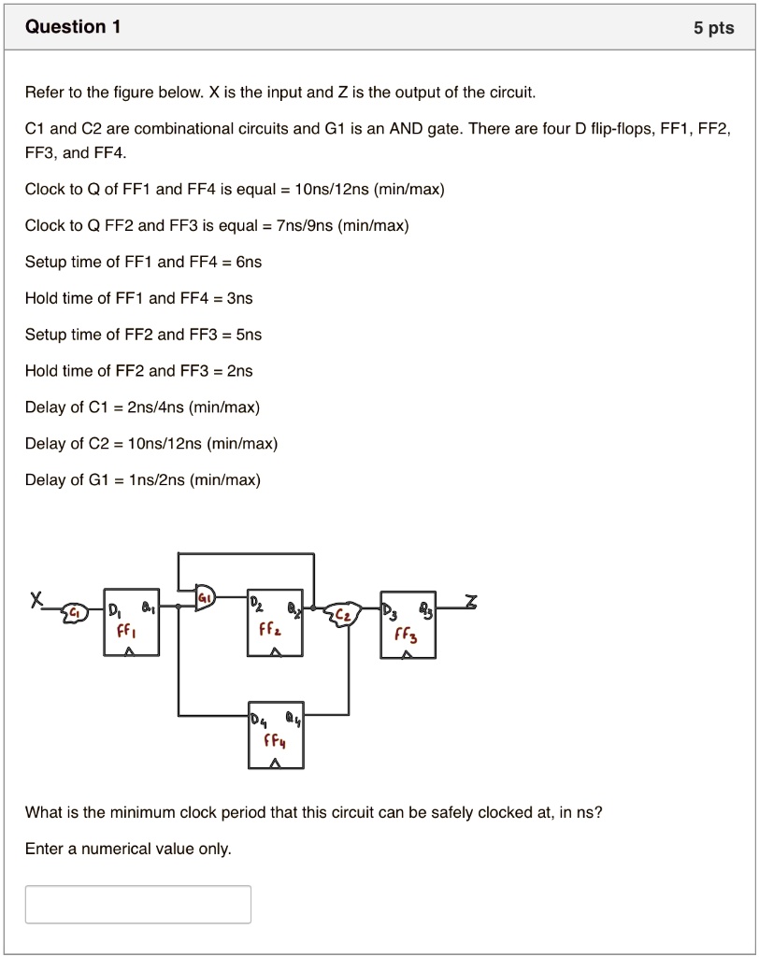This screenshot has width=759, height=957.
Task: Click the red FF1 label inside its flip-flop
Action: [x=124, y=631]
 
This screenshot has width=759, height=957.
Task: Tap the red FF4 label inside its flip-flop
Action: [x=274, y=743]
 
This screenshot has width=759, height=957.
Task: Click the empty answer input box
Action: [x=138, y=904]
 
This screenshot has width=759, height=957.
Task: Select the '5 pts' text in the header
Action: [x=713, y=28]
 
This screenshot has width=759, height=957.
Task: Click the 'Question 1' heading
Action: [x=73, y=27]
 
